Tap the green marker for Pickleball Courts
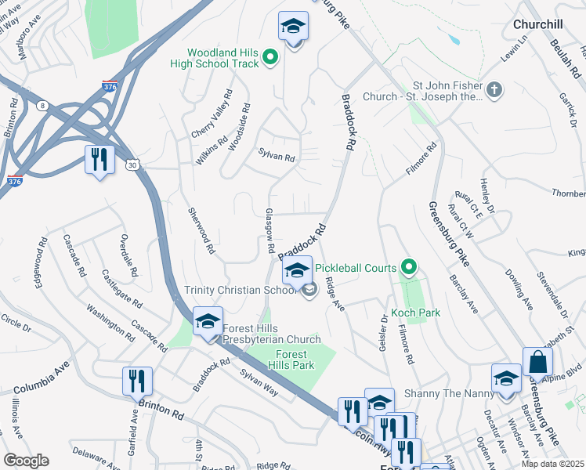(x=407, y=268)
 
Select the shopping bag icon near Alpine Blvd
(x=537, y=362)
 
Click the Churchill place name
(x=537, y=24)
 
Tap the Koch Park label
(x=415, y=313)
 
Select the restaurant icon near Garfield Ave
(x=137, y=381)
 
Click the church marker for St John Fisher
(x=494, y=91)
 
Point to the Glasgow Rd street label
(x=269, y=230)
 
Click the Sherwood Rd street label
(x=201, y=231)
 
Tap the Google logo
(x=26, y=461)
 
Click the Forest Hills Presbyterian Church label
(x=271, y=334)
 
